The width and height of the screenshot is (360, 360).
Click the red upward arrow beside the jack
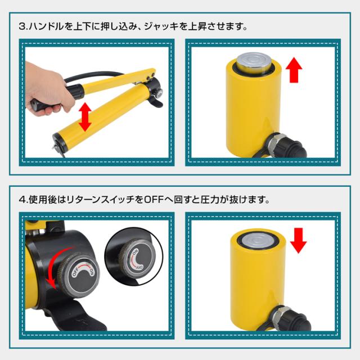[x=294, y=70]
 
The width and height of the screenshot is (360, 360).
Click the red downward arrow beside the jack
[x=298, y=240]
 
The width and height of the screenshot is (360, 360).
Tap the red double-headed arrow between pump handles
[x=85, y=117]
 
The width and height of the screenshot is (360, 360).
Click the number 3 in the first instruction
[x=22, y=26]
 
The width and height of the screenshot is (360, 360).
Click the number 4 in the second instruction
[x=22, y=200]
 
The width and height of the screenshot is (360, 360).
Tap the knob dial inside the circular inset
[x=137, y=256]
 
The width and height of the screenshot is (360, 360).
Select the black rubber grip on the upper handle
[x=75, y=91]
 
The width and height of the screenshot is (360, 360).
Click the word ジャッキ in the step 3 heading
[x=161, y=26]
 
